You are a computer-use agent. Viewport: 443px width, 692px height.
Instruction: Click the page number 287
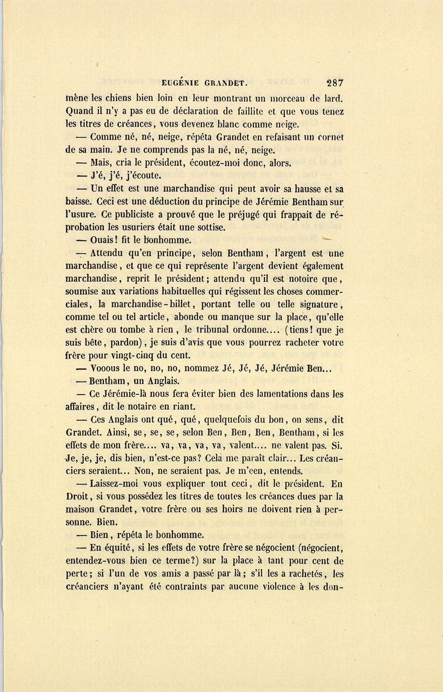pyautogui.click(x=334, y=83)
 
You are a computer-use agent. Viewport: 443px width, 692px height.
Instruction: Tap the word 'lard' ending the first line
pyautogui.click(x=334, y=98)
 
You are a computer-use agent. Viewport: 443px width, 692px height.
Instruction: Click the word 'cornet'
pyautogui.click(x=330, y=137)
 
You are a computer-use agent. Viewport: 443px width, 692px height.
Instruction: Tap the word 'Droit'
pyautogui.click(x=76, y=497)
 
